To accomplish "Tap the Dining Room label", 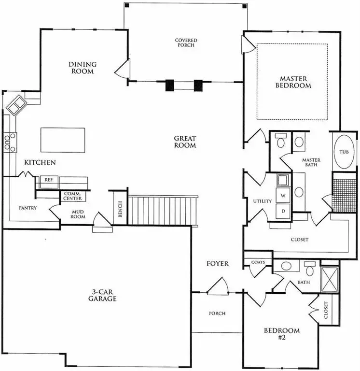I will (83, 68).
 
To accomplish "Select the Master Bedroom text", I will (293, 82).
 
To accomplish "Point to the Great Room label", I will (185, 142).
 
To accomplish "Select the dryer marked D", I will (284, 212).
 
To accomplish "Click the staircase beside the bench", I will (163, 210).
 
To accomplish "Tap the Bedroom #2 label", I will (281, 334).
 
